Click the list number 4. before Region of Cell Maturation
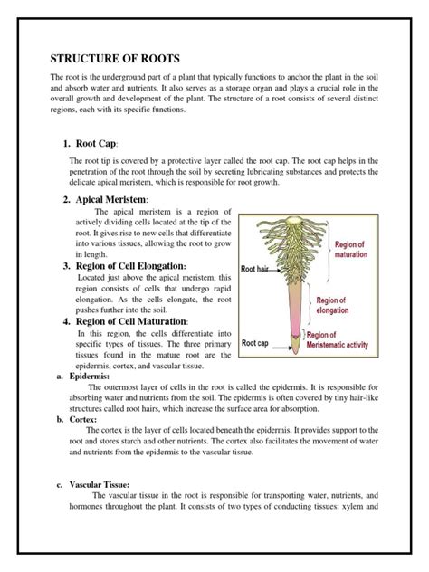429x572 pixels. pyautogui.click(x=67, y=321)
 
